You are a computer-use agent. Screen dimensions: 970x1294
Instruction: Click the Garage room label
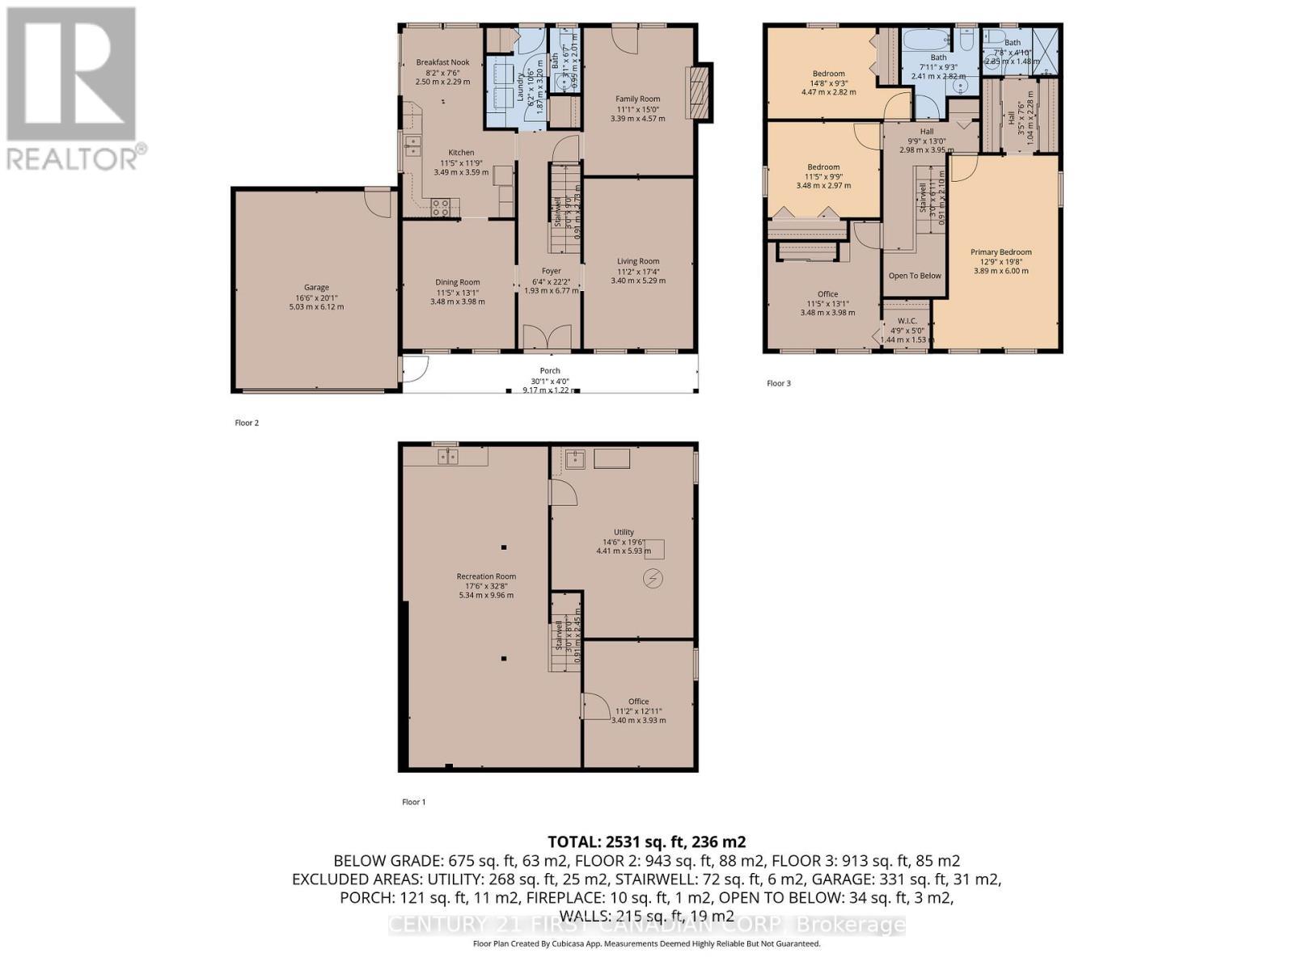click(316, 287)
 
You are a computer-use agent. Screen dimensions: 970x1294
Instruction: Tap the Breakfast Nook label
click(442, 62)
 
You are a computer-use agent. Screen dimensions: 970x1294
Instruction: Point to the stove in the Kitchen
click(442, 208)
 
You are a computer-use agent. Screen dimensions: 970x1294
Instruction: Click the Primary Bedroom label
click(1001, 252)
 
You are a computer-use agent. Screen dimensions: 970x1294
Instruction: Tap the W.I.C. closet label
click(907, 321)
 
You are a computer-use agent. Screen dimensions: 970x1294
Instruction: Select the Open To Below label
click(915, 276)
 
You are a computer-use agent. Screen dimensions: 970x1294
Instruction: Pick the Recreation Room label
click(486, 576)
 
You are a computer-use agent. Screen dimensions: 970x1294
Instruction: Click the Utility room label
click(624, 532)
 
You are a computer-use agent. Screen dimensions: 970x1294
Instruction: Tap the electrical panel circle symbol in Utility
click(653, 578)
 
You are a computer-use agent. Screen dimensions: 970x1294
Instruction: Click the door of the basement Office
click(596, 706)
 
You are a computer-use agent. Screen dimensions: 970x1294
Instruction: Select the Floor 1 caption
click(413, 802)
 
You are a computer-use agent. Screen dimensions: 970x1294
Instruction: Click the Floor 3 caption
click(778, 383)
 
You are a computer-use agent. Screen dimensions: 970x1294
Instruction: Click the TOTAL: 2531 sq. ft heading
click(646, 841)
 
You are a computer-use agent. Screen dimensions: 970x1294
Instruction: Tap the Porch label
click(550, 371)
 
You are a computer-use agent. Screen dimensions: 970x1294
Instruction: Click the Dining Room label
click(458, 282)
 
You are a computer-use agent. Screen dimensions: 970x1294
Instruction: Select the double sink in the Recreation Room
click(447, 458)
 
